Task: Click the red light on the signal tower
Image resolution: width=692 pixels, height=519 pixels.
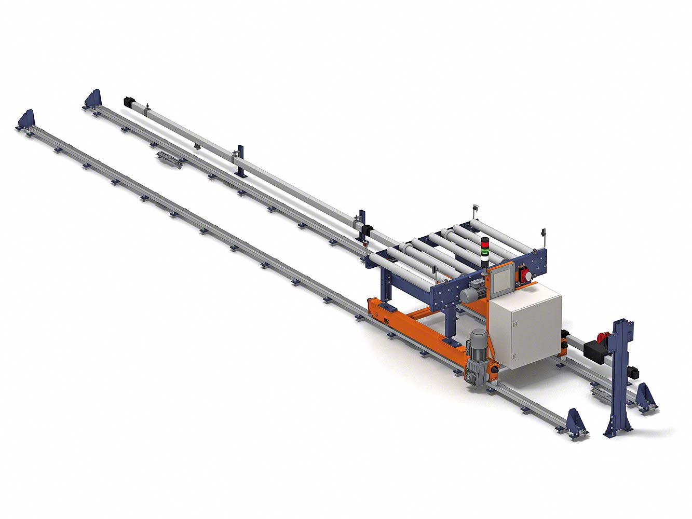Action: pos(485,242)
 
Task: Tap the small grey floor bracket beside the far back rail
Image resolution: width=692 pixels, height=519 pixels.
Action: pos(169,160)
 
